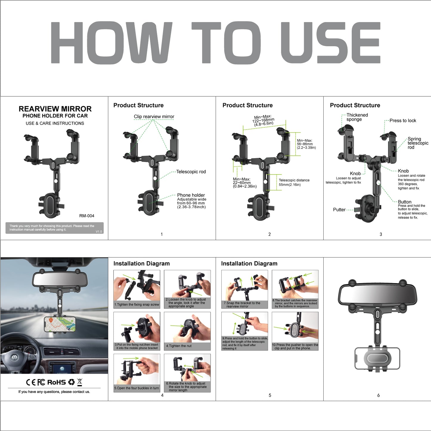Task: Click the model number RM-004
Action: [86, 216]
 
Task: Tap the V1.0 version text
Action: [99, 231]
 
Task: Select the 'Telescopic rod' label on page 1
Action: [191, 172]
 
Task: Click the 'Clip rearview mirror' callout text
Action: [154, 117]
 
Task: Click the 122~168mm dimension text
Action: [263, 120]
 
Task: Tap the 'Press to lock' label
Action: [403, 121]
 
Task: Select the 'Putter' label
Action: [339, 210]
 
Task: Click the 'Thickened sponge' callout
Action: [357, 117]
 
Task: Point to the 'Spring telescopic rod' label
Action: [418, 143]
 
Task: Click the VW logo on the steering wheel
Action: [14, 358]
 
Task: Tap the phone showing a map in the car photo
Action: [60, 325]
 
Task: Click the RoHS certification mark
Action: [57, 382]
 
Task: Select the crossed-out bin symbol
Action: [80, 382]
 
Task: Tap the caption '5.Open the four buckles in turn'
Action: [136, 388]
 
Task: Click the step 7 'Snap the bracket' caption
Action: [242, 305]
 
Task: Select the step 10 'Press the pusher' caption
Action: [295, 347]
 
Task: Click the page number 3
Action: [381, 234]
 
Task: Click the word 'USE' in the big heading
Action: [330, 43]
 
